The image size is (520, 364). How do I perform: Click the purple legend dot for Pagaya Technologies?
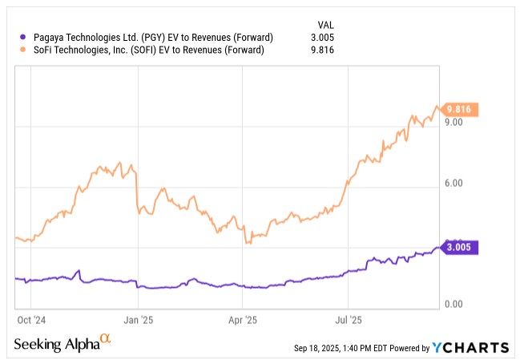[21, 36]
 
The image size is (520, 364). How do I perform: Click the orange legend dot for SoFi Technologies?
[21, 51]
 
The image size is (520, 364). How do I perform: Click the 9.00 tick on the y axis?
[454, 123]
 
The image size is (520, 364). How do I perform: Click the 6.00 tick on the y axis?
[454, 184]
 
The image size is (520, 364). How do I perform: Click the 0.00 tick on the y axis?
[454, 305]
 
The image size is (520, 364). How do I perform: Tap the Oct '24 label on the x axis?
[30, 319]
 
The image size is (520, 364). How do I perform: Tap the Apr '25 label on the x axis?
[242, 319]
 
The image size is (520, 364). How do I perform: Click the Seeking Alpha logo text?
[56, 344]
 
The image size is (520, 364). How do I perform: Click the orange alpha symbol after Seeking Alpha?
[105, 341]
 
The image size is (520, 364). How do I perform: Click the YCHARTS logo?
[470, 347]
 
